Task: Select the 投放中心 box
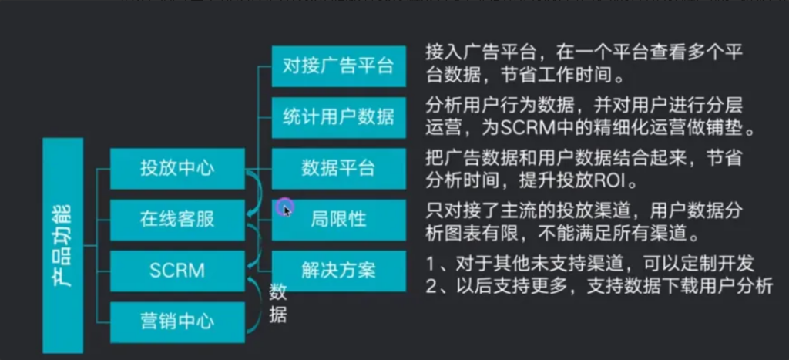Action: [177, 168]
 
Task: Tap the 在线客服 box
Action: [177, 219]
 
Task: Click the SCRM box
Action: [177, 271]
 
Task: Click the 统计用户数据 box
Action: [338, 116]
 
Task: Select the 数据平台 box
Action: [338, 167]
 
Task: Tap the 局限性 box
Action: [338, 219]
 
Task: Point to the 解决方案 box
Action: [338, 271]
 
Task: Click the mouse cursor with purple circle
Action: [284, 207]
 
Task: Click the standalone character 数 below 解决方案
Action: [278, 292]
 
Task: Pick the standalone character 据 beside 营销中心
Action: [278, 314]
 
